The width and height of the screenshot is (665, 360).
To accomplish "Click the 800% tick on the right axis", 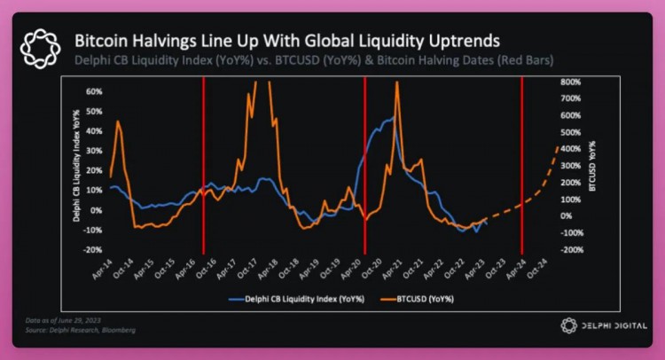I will click(570, 82).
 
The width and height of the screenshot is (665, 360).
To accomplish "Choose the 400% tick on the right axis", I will click(570, 149).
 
